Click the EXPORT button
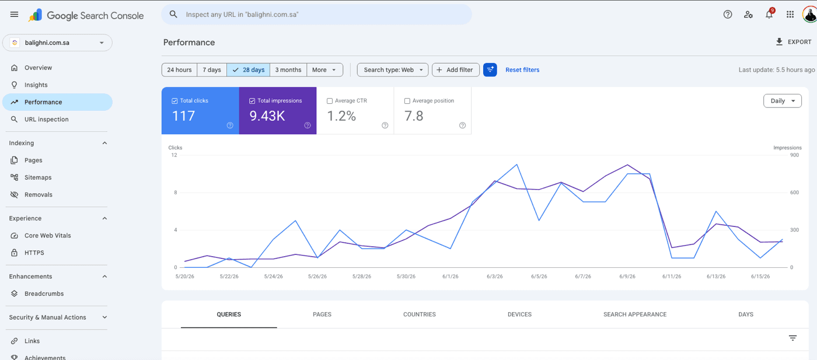pos(793,42)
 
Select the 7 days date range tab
pos(212,69)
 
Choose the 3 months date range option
pos(288,69)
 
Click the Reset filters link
pos(522,69)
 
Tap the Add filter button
pos(456,69)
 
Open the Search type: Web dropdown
pos(392,69)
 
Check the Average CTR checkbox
pos(330,101)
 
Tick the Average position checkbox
pos(407,101)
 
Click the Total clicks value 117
pos(183,116)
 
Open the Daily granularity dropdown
pos(783,101)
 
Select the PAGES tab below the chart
pos(322,314)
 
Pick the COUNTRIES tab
pos(420,314)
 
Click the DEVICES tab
pos(520,314)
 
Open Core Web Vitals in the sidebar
pos(47,236)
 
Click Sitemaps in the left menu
pos(38,177)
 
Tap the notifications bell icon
pos(769,15)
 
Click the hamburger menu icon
pos(14,15)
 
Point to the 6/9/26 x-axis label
pos(627,277)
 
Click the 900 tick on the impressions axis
pos(794,155)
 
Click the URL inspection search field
pos(316,15)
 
